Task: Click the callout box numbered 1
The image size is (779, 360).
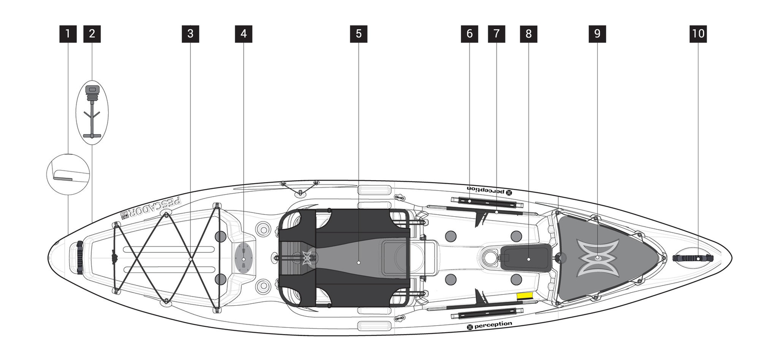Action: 68,34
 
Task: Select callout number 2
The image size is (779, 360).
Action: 92,34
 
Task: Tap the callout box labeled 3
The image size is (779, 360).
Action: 191,34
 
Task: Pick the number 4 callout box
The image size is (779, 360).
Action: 244,34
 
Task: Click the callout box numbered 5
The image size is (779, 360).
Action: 359,34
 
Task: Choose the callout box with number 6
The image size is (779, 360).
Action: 470,34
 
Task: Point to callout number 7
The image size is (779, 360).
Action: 496,34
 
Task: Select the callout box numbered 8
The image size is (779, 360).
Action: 529,34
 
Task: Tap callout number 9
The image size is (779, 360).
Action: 597,34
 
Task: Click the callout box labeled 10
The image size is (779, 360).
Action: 698,34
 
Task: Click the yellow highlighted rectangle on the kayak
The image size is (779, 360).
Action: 525,295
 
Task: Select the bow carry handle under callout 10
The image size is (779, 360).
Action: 693,258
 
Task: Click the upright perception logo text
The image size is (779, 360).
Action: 490,325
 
